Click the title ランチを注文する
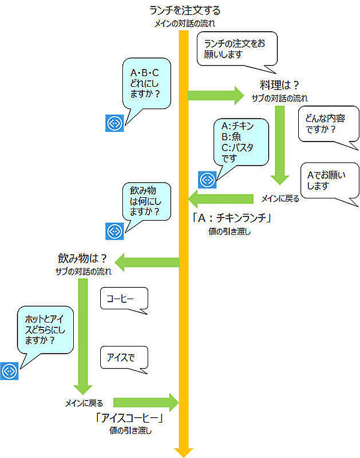pyautogui.click(x=184, y=10)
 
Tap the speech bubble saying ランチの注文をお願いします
pyautogui.click(x=237, y=49)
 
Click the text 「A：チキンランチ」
pyautogui.click(x=232, y=218)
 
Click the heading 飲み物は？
pyautogui.click(x=82, y=259)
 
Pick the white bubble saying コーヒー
pyautogui.click(x=124, y=299)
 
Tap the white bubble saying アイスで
pyautogui.click(x=124, y=358)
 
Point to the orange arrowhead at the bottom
pyautogui.click(x=181, y=451)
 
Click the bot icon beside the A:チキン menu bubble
pyautogui.click(x=207, y=179)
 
